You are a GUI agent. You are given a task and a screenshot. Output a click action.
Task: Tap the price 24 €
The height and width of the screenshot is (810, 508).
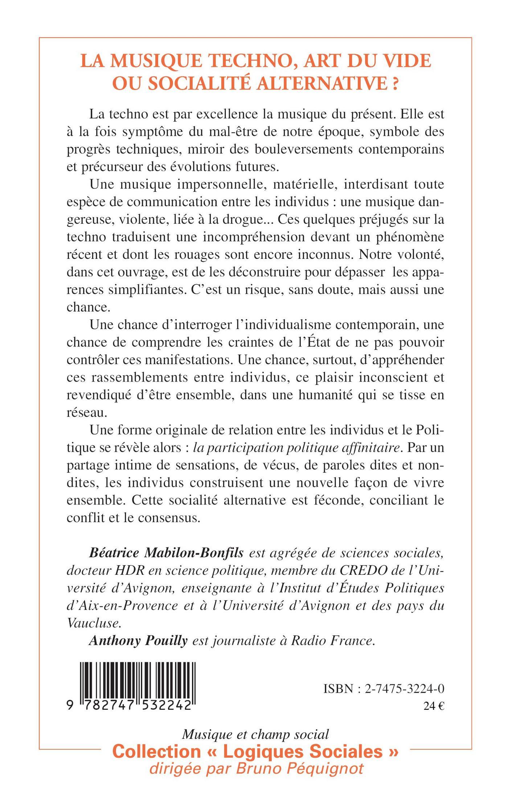(434, 707)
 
